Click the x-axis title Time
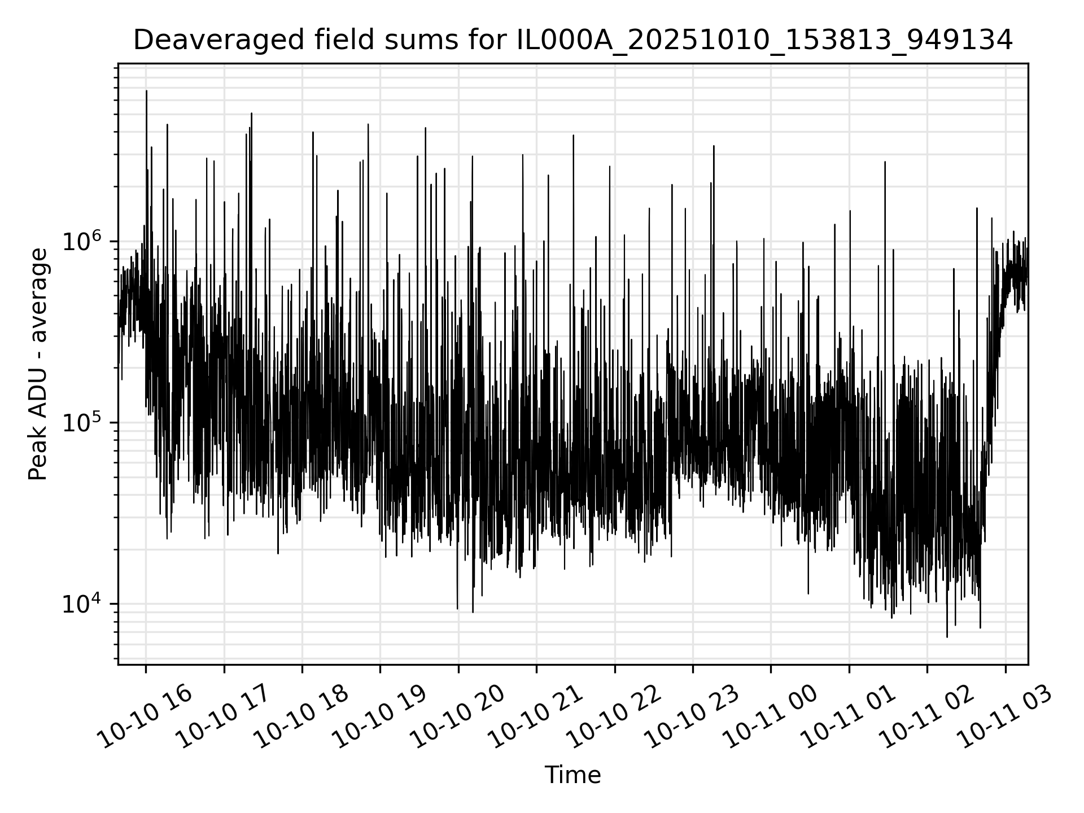coord(572,775)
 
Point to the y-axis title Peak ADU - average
coord(38,364)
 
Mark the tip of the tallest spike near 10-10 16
coord(147,90)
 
